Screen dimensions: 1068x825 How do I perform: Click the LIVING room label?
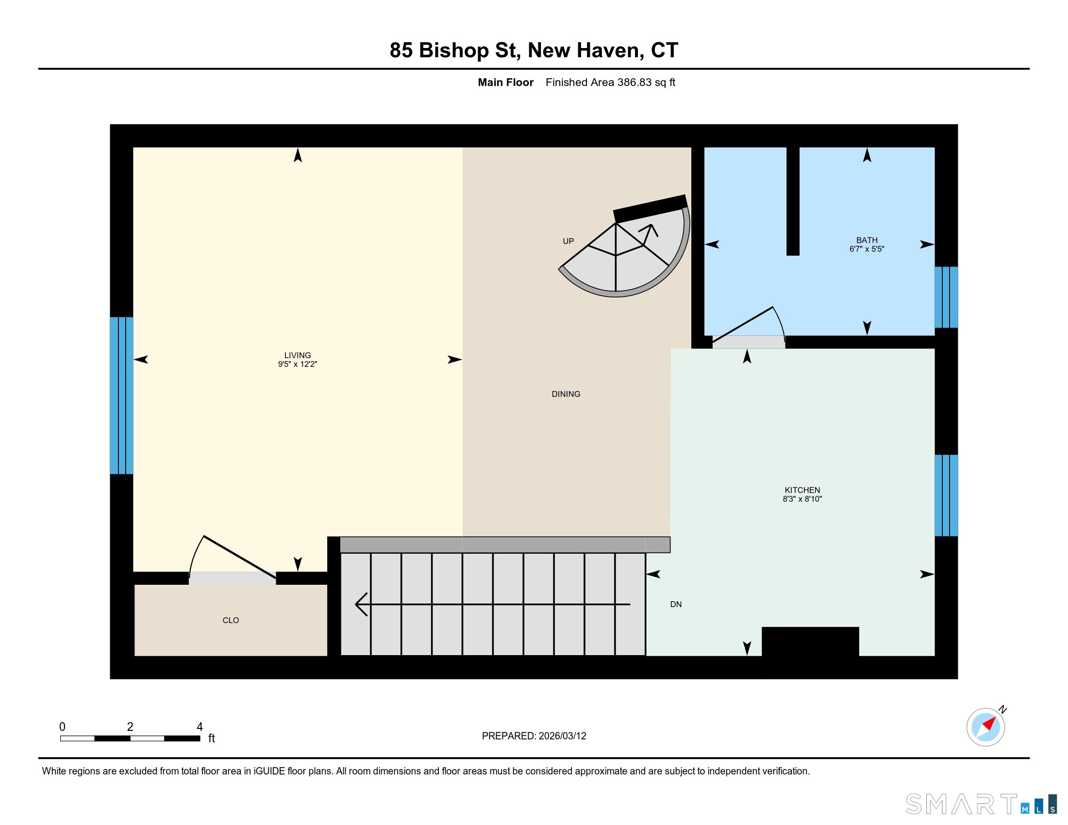tap(297, 355)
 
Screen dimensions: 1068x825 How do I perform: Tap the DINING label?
tap(566, 394)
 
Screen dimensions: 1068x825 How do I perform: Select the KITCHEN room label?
tap(802, 490)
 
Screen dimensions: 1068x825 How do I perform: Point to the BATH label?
tap(867, 240)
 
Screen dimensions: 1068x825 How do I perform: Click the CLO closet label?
tap(231, 620)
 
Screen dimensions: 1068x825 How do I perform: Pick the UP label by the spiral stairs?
tap(568, 241)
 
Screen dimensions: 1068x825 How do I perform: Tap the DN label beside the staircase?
tap(676, 604)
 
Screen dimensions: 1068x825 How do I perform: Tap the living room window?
tap(121, 396)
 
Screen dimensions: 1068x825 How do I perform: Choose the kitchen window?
tap(946, 495)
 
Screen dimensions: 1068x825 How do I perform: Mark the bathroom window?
tap(946, 297)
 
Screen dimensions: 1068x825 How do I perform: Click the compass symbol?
tap(986, 727)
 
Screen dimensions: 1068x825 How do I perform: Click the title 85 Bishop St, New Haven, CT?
tap(534, 50)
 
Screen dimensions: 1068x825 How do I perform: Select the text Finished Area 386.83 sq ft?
tap(610, 82)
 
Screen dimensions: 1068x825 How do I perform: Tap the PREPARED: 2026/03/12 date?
tap(534, 736)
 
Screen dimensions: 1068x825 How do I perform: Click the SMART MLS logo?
tap(981, 804)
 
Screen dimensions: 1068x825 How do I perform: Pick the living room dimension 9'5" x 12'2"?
tap(297, 364)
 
